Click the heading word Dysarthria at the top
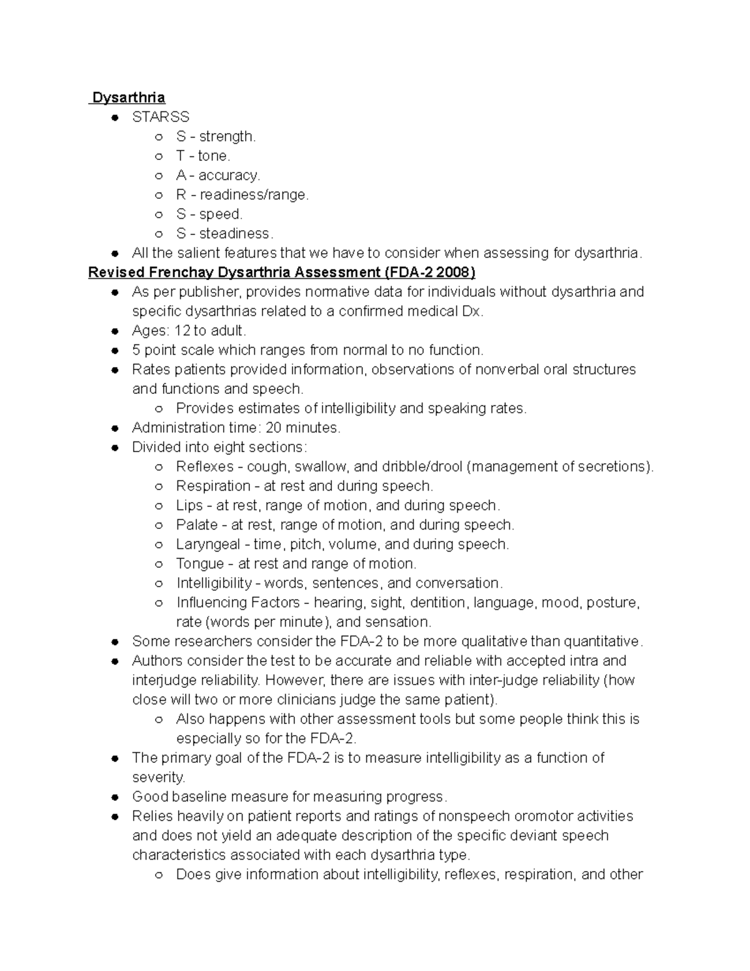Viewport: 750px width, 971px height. pyautogui.click(x=128, y=98)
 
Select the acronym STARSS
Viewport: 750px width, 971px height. pyautogui.click(x=161, y=117)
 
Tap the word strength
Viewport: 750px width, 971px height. pyautogui.click(x=227, y=136)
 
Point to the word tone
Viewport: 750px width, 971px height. pyautogui.click(x=213, y=156)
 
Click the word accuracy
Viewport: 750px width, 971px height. pyautogui.click(x=229, y=175)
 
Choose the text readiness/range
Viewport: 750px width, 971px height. pyautogui.click(x=253, y=194)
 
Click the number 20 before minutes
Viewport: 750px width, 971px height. pyautogui.click(x=273, y=428)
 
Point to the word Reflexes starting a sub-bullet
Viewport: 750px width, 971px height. pyautogui.click(x=205, y=466)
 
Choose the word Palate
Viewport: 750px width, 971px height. pyautogui.click(x=197, y=525)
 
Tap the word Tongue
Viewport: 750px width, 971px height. pyautogui.click(x=200, y=563)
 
